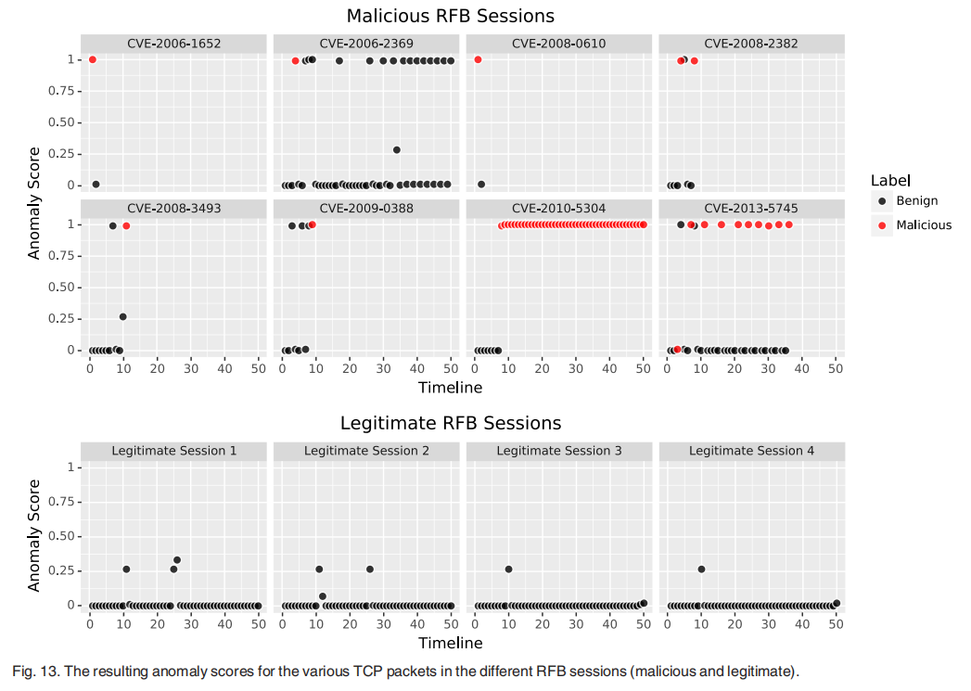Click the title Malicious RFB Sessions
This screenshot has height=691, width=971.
coord(450,16)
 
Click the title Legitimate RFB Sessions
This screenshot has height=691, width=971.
coord(450,423)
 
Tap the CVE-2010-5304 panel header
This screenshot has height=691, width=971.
coord(558,209)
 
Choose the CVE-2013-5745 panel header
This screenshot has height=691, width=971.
coord(750,209)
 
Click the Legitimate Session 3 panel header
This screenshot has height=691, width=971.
coord(558,451)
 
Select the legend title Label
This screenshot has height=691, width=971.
coord(890,180)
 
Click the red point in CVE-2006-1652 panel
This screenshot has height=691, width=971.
coord(92,59)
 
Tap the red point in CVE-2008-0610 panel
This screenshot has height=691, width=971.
coord(478,59)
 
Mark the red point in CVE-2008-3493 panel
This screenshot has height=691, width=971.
coord(126,225)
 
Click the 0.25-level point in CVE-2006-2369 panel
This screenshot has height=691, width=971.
coord(397,149)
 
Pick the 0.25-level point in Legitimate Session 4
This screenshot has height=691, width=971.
coord(701,569)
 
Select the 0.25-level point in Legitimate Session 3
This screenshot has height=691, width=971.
coord(508,569)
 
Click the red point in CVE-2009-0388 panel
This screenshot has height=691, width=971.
coord(313,224)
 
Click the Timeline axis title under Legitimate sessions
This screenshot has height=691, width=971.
coord(450,643)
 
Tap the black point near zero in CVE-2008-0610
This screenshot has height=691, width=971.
coord(481,184)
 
